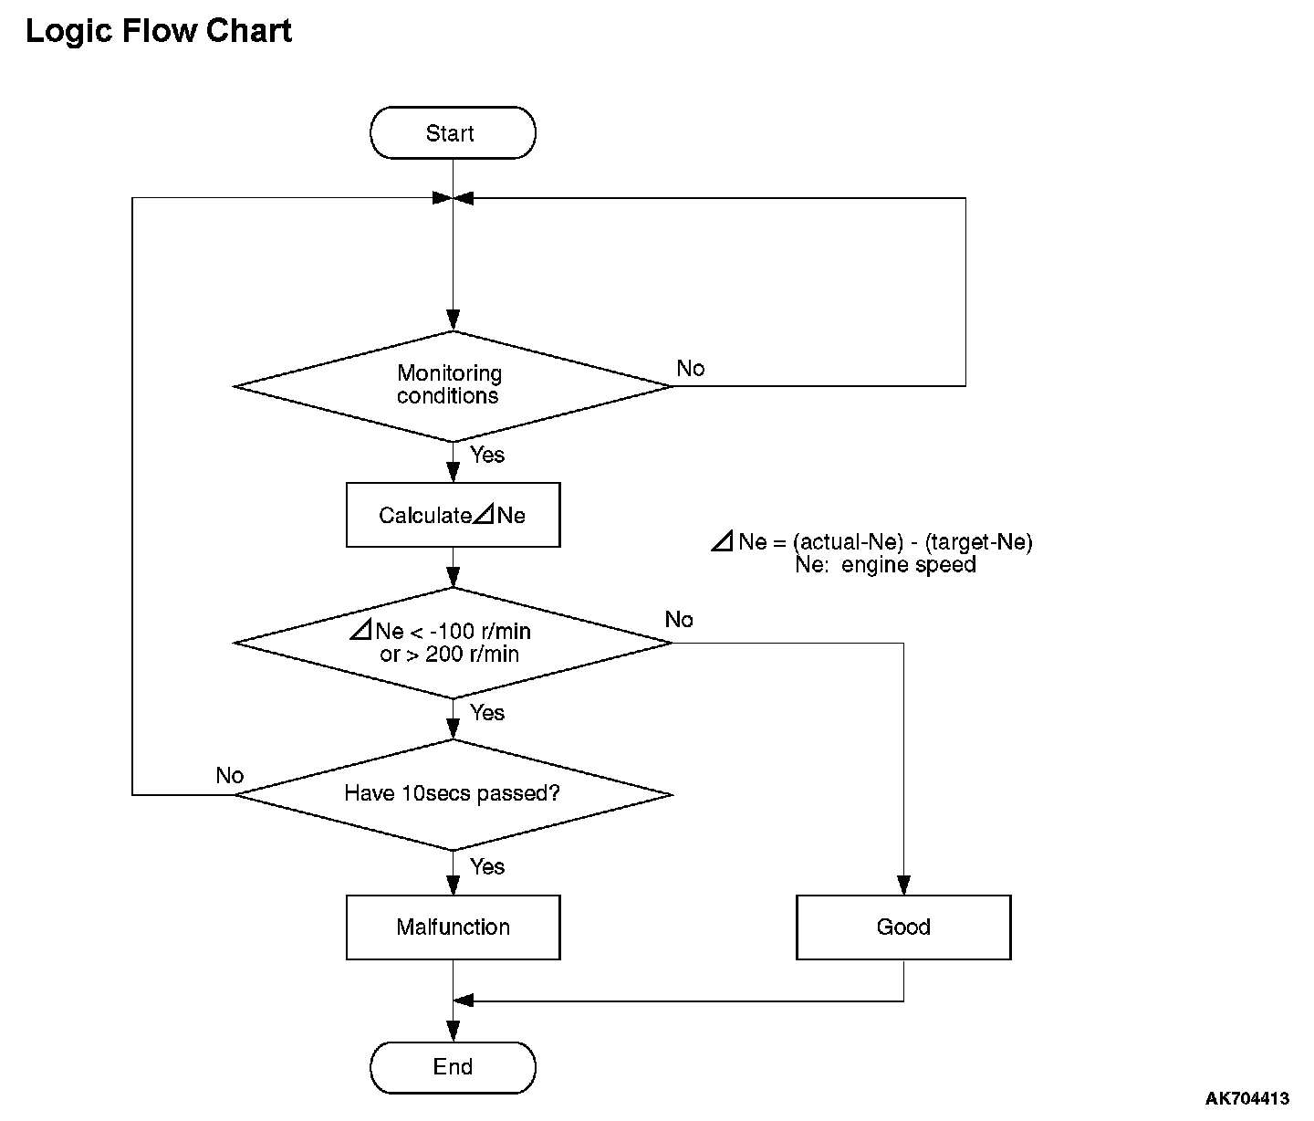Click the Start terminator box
point(453,133)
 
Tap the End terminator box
point(453,1067)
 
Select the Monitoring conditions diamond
point(453,386)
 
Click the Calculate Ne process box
point(453,515)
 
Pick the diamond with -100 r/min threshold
point(453,643)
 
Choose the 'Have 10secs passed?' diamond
point(453,795)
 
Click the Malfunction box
point(453,927)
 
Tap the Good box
point(903,927)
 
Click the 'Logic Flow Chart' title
point(158,30)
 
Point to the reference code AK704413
point(1247,1098)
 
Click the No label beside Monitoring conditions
point(691,368)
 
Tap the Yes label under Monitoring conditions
point(487,455)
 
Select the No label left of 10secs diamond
point(229,775)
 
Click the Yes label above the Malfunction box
point(487,866)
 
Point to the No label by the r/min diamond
point(679,619)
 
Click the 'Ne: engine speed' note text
point(885,565)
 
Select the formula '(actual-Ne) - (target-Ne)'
point(912,541)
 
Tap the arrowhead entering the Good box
point(903,885)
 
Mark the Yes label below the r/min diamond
point(487,713)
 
